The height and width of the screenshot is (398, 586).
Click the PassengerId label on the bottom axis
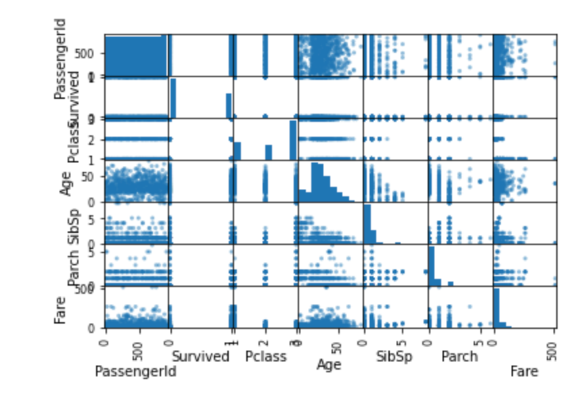135,371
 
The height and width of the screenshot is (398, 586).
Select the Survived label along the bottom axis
201,356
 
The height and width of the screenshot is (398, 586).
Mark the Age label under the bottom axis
329,364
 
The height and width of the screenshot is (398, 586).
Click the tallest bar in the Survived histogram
173,98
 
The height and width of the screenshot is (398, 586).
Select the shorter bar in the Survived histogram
229,106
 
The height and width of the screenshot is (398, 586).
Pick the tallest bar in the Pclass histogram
293,139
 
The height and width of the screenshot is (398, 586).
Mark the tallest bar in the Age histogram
315,182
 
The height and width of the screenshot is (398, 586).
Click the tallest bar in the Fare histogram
496,308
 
